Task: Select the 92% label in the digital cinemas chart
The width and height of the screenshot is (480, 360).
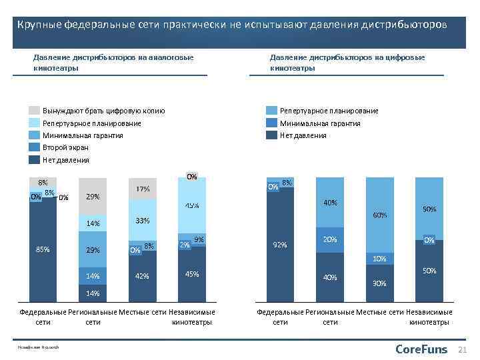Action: (x=280, y=245)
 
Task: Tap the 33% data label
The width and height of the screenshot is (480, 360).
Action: (x=142, y=221)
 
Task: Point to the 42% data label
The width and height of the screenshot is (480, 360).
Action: (x=142, y=275)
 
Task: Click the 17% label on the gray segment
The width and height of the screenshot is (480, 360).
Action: (x=142, y=189)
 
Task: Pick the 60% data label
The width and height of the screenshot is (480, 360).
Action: (x=380, y=215)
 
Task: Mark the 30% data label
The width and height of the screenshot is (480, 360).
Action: (x=380, y=283)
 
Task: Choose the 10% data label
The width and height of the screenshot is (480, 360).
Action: (x=380, y=259)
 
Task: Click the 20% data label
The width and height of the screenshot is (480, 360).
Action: (x=329, y=239)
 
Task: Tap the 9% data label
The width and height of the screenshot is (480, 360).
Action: (x=199, y=240)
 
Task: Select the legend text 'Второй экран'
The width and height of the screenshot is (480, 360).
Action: (x=65, y=147)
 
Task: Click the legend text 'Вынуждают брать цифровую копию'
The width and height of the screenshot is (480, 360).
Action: (x=103, y=111)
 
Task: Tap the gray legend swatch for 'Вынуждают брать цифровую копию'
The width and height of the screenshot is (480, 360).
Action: (x=35, y=111)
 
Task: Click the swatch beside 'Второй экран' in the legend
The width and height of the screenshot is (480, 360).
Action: (x=35, y=147)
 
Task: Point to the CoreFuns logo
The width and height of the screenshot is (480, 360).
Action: (x=421, y=349)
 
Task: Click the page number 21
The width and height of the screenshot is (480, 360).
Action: (x=464, y=350)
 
